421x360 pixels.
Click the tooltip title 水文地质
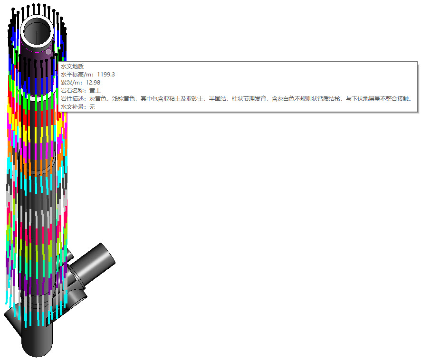(72, 66)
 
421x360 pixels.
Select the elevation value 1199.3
(106, 75)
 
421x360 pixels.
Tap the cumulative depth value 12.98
(93, 83)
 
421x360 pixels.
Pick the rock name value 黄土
(95, 91)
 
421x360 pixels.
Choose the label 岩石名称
(72, 91)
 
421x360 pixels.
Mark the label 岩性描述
(72, 99)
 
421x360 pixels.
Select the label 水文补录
(72, 107)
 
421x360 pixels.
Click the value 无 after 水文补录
(92, 107)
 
